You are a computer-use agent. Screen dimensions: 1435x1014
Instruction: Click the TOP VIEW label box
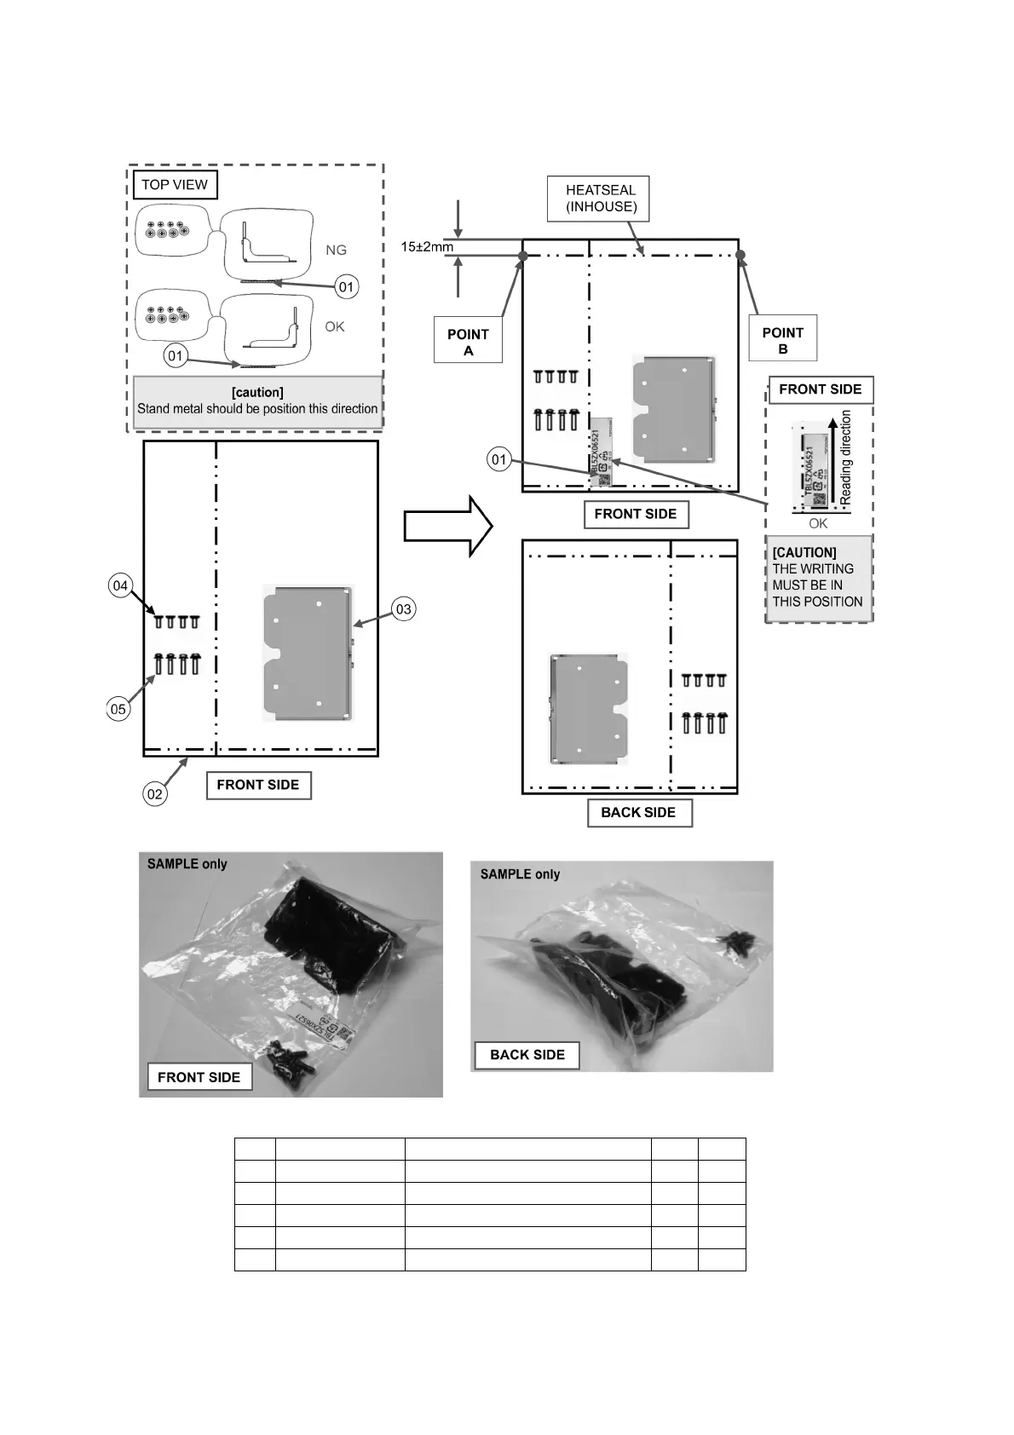[175, 185]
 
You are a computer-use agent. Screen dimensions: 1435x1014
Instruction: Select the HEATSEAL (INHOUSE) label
[601, 198]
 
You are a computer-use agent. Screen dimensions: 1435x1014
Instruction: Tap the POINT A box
[468, 342]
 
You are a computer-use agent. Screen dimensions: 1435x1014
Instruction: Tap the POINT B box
[782, 341]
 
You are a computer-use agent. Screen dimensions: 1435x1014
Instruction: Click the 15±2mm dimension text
[427, 247]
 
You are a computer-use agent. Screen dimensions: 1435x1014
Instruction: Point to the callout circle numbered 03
[403, 609]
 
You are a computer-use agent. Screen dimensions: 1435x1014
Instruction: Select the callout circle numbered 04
[120, 585]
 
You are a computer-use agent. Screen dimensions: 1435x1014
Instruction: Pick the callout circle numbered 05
[118, 709]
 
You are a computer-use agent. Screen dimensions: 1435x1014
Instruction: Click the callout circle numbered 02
[154, 794]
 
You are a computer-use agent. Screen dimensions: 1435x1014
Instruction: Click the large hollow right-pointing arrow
[447, 527]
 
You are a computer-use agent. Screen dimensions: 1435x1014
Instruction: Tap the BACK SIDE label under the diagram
[638, 813]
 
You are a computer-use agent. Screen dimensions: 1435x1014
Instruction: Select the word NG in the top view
[336, 251]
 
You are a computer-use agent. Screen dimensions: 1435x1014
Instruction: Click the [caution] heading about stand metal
[257, 392]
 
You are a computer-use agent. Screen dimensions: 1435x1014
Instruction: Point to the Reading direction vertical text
[846, 457]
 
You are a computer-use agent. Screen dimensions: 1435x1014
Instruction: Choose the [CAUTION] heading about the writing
[804, 552]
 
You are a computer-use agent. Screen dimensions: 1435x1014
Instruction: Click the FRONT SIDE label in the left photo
[199, 1077]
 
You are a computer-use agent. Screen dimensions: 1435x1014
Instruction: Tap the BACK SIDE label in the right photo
[527, 1055]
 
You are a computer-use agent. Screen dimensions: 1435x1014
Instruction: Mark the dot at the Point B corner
[740, 255]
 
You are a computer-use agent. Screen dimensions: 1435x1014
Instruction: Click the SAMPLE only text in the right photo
[520, 874]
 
